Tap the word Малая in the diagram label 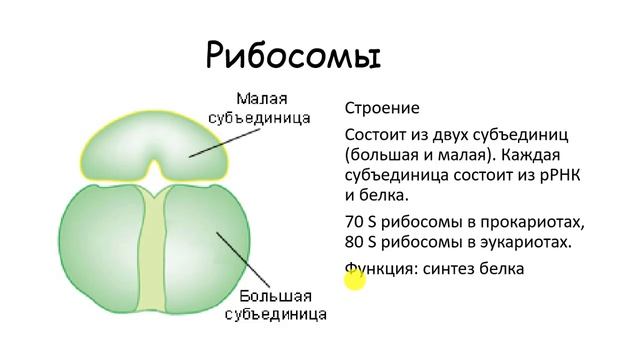coord(263,99)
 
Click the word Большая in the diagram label coord(275,297)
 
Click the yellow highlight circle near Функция coord(355,280)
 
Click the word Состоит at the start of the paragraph coord(378,135)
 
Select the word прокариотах coord(531,221)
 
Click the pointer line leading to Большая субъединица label coord(245,260)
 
